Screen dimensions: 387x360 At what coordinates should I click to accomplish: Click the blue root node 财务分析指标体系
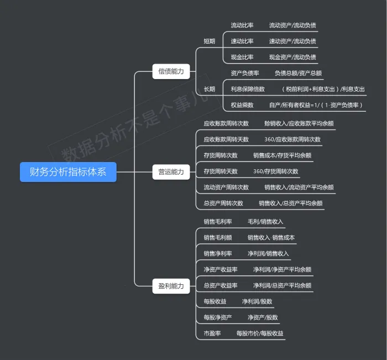point(68,172)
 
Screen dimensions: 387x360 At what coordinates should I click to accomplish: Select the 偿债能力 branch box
point(171,71)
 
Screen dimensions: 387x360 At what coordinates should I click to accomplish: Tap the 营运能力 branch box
point(171,172)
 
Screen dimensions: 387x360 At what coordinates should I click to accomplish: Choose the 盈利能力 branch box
point(171,286)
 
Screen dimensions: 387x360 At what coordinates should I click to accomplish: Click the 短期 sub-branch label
point(209,41)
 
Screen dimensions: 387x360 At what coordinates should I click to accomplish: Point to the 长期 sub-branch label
point(209,89)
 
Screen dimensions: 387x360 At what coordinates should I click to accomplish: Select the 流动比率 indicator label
point(242,25)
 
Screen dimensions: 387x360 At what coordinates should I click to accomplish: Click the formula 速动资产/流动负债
point(292,41)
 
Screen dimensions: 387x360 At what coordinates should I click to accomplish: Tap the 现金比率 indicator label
point(242,57)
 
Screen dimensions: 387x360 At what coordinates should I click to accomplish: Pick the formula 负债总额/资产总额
point(298,73)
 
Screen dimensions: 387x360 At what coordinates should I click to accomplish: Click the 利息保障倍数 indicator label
point(248,89)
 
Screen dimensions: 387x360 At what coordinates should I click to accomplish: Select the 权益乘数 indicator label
point(242,105)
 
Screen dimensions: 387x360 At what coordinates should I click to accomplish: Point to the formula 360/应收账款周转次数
point(292,139)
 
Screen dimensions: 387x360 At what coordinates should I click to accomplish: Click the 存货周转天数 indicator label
point(221,171)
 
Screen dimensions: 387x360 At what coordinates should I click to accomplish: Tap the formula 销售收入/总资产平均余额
point(291,204)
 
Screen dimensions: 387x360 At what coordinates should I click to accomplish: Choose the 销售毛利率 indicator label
point(218,222)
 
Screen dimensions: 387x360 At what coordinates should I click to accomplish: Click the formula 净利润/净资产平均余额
point(283,270)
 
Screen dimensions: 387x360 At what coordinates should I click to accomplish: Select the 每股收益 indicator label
point(215,302)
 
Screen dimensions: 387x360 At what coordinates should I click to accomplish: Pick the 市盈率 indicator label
point(212,333)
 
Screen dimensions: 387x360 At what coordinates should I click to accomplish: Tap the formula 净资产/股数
point(263,318)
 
